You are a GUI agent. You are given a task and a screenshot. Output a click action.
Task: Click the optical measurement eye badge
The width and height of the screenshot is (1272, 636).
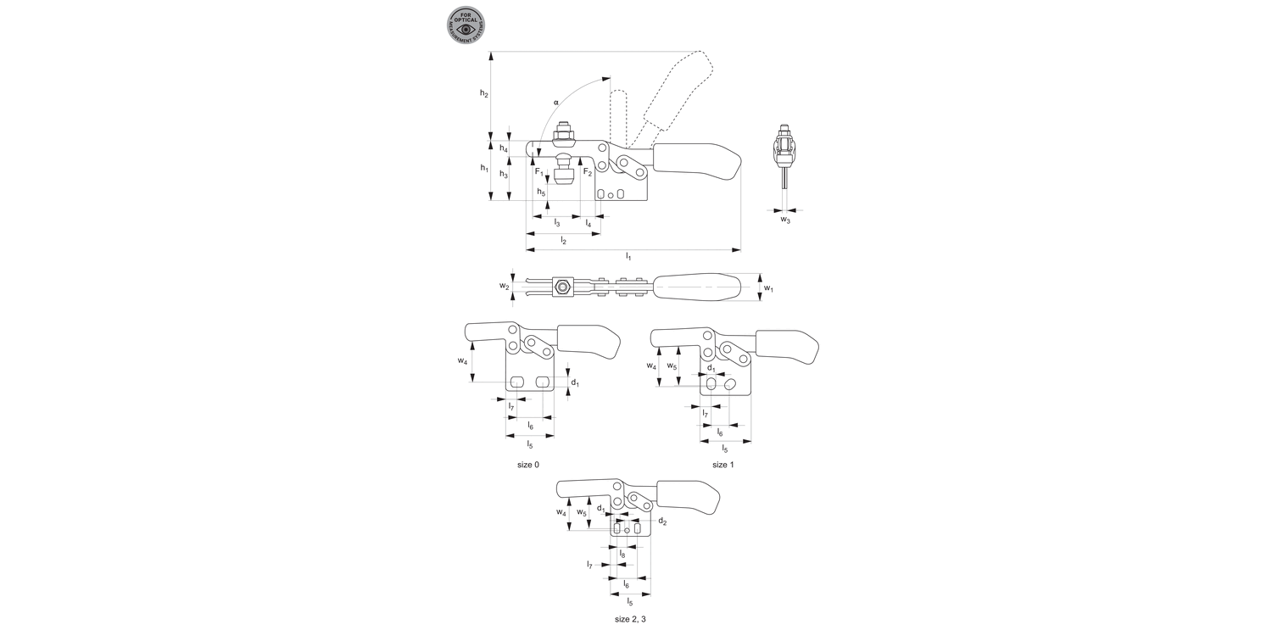tap(466, 25)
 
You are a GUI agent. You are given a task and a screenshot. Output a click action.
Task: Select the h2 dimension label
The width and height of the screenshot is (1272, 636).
tap(483, 93)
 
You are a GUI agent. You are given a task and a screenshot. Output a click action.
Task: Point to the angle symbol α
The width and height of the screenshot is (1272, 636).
tap(556, 102)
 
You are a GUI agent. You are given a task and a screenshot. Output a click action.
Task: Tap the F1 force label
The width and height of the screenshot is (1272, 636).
tap(538, 171)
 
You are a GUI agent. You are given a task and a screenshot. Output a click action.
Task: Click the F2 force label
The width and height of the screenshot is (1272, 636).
tap(588, 171)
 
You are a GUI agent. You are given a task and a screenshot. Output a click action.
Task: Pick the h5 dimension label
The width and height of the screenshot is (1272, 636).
tap(540, 192)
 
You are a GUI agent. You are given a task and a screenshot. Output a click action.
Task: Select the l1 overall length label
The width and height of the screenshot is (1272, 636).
tap(628, 256)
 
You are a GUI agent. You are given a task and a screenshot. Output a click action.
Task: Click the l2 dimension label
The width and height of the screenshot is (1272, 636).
tap(563, 241)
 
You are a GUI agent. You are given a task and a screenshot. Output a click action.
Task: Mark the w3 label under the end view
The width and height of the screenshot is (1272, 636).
tap(785, 220)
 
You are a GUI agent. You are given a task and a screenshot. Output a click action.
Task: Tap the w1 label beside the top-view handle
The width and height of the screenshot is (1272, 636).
tap(768, 288)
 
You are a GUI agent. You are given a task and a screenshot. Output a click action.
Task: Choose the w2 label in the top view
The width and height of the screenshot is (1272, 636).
tap(505, 287)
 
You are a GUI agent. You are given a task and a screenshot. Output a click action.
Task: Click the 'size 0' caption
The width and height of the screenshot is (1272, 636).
tap(527, 465)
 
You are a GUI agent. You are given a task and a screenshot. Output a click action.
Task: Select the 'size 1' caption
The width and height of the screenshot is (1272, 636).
tap(722, 465)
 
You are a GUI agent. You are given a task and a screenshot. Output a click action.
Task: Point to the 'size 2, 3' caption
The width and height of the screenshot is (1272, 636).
tap(630, 619)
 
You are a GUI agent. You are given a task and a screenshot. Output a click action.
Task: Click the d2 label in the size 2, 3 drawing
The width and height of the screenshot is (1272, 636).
tap(662, 522)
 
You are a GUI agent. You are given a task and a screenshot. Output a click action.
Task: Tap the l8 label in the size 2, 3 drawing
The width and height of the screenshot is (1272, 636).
tap(622, 554)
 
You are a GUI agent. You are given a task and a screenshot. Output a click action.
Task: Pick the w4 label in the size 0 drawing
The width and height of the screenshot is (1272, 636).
tap(462, 360)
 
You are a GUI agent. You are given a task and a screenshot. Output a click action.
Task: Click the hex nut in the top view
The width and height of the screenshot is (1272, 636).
tap(561, 287)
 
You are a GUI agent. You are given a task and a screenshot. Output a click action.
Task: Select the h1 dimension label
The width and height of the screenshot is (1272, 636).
tap(484, 168)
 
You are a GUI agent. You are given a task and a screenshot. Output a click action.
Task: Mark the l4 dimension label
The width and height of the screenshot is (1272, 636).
tap(589, 223)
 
